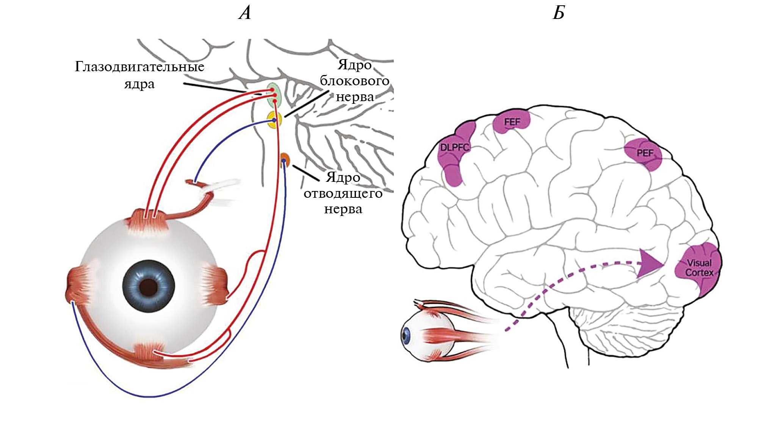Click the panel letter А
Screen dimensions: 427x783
tap(245, 14)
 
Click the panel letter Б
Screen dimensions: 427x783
tap(559, 14)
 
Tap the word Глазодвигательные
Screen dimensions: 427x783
tap(139, 67)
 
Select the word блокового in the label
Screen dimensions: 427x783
tap(354, 81)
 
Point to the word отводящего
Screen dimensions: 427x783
tap(343, 194)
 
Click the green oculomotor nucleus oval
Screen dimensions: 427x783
tap(274, 95)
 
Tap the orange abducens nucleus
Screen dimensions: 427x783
tap(285, 160)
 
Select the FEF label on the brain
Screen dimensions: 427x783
tap(512, 122)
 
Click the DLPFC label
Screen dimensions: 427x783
tap(454, 147)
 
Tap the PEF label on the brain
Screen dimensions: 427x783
tap(645, 153)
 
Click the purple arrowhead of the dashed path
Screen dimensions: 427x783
tap(649, 264)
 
